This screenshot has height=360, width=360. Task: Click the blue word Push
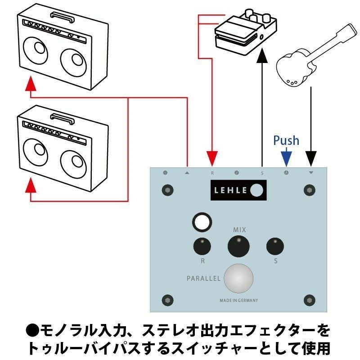coord(286,140)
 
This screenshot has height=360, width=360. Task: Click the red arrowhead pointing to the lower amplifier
coord(30,184)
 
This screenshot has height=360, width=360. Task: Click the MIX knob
coord(238,246)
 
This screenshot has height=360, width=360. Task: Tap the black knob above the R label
coord(202,246)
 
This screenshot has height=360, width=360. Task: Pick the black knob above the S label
coord(275,246)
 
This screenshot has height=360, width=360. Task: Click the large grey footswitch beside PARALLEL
coord(238,279)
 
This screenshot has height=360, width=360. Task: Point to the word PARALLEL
coord(203,279)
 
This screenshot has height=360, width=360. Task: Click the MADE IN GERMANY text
coord(238,300)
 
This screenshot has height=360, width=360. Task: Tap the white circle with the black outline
coord(202,222)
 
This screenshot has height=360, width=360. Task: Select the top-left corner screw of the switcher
coord(167,190)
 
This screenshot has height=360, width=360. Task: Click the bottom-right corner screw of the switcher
coord(309,300)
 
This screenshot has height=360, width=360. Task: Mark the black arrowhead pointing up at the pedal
coord(261,57)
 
